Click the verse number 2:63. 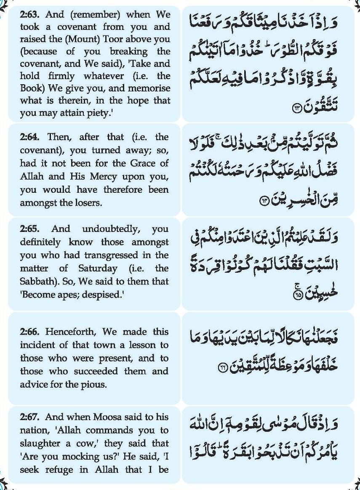coord(31,15)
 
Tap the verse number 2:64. coord(31,137)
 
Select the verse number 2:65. coord(31,229)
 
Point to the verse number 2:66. coord(31,332)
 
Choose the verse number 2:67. coord(31,417)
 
